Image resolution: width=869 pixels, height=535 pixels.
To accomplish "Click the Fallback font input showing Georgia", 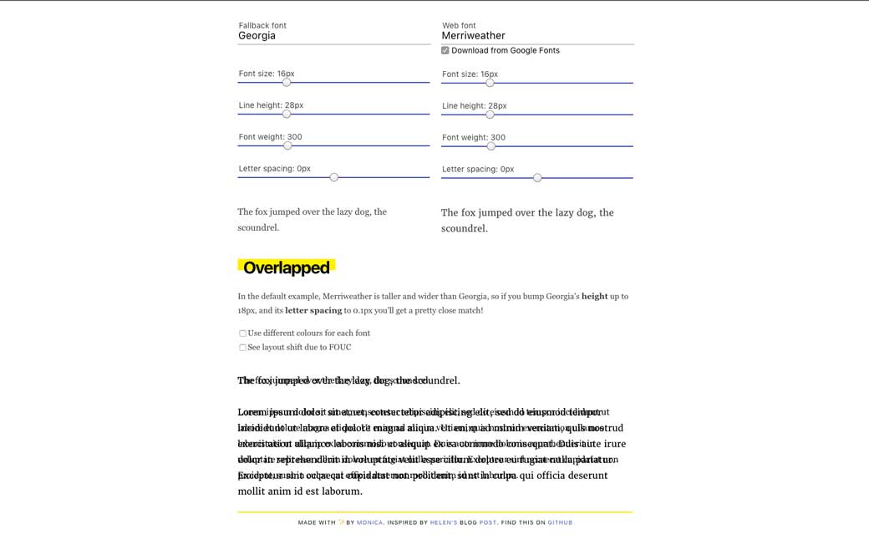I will pyautogui.click(x=333, y=36).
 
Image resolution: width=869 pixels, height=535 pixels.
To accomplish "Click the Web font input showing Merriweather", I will pyautogui.click(x=537, y=36).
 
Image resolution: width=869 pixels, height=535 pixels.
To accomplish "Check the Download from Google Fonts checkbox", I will pyautogui.click(x=445, y=50).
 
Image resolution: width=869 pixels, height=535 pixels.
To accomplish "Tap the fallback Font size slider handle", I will pyautogui.click(x=287, y=82).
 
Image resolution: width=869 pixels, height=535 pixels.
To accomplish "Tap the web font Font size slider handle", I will pyautogui.click(x=490, y=83).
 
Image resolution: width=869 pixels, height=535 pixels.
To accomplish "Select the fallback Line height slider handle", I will pyautogui.click(x=287, y=114).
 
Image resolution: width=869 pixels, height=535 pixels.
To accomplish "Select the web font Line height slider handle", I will pyautogui.click(x=490, y=115).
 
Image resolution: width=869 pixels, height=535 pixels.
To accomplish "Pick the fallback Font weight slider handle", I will pyautogui.click(x=287, y=145).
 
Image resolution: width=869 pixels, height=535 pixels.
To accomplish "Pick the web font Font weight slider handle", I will pyautogui.click(x=491, y=146).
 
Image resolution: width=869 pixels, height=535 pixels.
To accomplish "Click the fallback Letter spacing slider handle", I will pyautogui.click(x=334, y=177).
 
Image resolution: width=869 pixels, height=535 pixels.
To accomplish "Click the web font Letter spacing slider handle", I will pyautogui.click(x=537, y=177).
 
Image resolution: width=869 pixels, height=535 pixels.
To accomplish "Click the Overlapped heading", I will pyautogui.click(x=287, y=268).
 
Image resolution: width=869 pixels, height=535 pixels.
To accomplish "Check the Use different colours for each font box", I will pyautogui.click(x=243, y=334).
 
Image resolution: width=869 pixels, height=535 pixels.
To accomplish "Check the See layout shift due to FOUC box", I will pyautogui.click(x=243, y=348).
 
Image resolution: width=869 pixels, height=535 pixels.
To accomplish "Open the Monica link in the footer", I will pyautogui.click(x=369, y=522).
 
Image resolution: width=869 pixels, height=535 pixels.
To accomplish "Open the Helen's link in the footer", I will pyautogui.click(x=445, y=522).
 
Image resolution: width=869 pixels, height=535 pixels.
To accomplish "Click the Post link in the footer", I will pyautogui.click(x=488, y=522).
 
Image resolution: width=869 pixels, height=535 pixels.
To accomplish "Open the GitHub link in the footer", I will pyautogui.click(x=560, y=522).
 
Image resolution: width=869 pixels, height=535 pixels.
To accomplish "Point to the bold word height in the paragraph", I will pyautogui.click(x=595, y=296).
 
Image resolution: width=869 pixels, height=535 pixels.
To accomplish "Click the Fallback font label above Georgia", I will pyautogui.click(x=262, y=25).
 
